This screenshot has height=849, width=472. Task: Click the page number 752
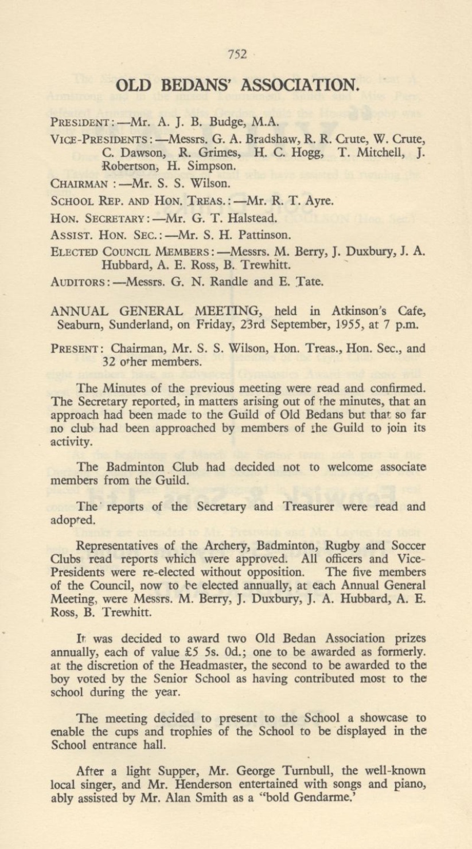click(236, 55)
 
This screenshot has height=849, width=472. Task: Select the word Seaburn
click(78, 324)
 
